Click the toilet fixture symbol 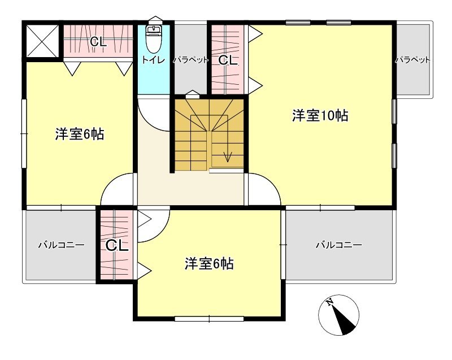pyautogui.click(x=154, y=38)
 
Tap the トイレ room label pyautogui.click(x=153, y=60)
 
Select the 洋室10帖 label pyautogui.click(x=319, y=116)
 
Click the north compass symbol pyautogui.click(x=339, y=315)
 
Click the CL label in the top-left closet pyautogui.click(x=98, y=42)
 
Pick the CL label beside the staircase pyautogui.click(x=228, y=60)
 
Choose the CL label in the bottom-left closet pyautogui.click(x=117, y=245)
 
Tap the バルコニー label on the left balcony pyautogui.click(x=61, y=245)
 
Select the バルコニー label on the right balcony pyautogui.click(x=338, y=245)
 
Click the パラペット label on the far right pyautogui.click(x=413, y=59)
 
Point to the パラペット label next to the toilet pyautogui.click(x=191, y=59)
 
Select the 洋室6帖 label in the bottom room pyautogui.click(x=209, y=263)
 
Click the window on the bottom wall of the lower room pyautogui.click(x=209, y=319)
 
